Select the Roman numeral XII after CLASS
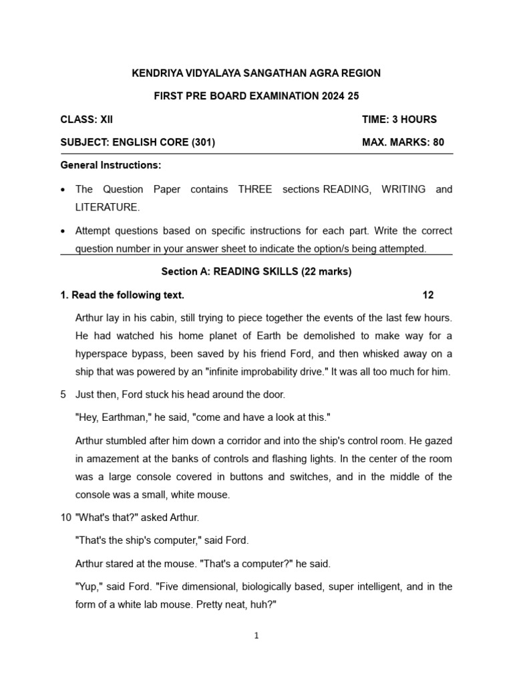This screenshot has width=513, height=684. [x=106, y=120]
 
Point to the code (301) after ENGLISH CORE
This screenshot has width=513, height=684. [x=203, y=142]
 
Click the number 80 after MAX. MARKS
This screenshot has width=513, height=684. [x=438, y=142]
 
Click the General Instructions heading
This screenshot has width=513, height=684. [x=110, y=165]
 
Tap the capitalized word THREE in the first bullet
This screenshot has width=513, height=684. [x=254, y=190]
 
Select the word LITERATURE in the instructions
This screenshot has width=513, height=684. [x=108, y=208]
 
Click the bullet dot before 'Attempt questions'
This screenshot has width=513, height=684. [x=63, y=231]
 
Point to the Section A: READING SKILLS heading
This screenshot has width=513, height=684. [x=256, y=272]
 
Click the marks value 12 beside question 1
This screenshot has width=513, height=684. [x=428, y=295]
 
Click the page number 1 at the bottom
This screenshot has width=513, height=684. [x=256, y=636]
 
